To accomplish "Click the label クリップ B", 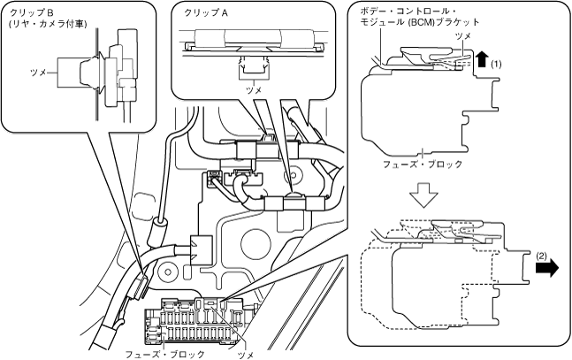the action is click(32, 12).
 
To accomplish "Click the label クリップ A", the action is click(207, 12).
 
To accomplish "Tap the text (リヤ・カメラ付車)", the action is click(48, 24).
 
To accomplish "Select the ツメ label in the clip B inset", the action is click(38, 73).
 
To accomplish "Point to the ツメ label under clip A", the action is click(254, 90).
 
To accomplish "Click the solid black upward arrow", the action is click(482, 58).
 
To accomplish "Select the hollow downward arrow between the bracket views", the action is click(423, 195).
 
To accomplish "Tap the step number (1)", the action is click(496, 65).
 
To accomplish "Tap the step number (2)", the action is click(541, 257).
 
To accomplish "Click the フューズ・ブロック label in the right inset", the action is click(423, 165).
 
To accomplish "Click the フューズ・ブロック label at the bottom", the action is click(165, 354).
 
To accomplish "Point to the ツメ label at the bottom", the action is click(246, 355).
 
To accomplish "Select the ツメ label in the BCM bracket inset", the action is click(463, 36).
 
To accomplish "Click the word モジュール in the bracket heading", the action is click(380, 22).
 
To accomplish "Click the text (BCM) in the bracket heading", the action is click(420, 23).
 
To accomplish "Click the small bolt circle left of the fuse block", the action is click(168, 272).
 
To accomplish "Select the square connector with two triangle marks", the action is click(201, 250).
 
